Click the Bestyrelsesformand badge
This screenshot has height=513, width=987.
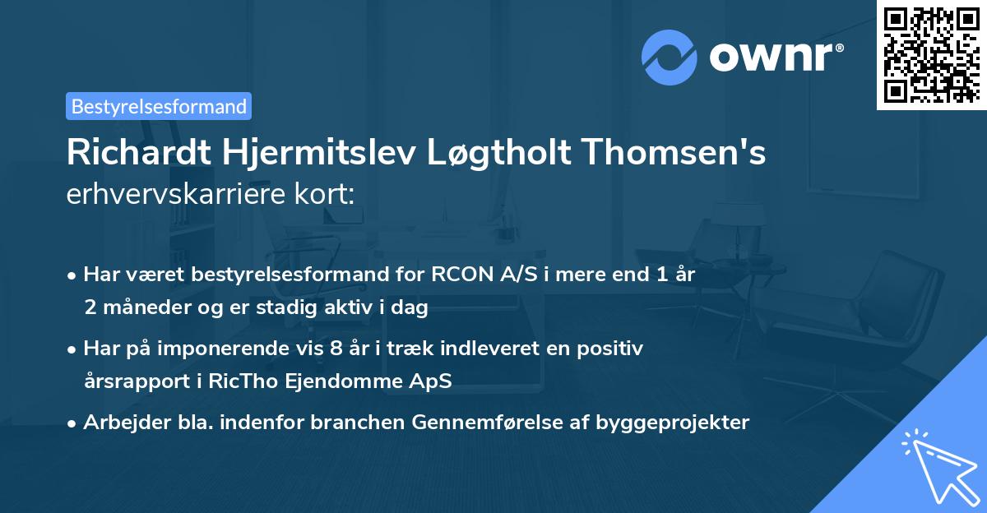(x=159, y=106)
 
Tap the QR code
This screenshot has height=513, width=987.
(x=930, y=55)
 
